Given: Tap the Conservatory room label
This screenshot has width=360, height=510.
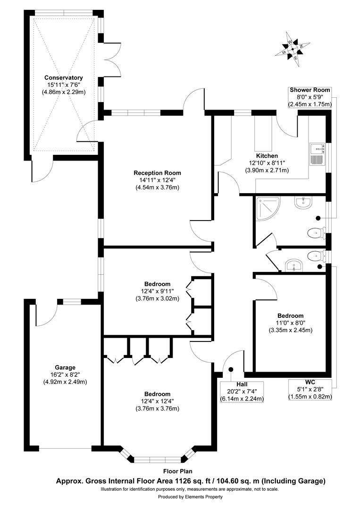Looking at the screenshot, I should point(64,78).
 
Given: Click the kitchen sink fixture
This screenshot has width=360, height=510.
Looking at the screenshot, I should point(317,153).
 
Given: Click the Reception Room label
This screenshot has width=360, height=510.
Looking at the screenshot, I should point(157,173).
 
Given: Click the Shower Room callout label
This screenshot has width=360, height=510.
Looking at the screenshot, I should point(310,90).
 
